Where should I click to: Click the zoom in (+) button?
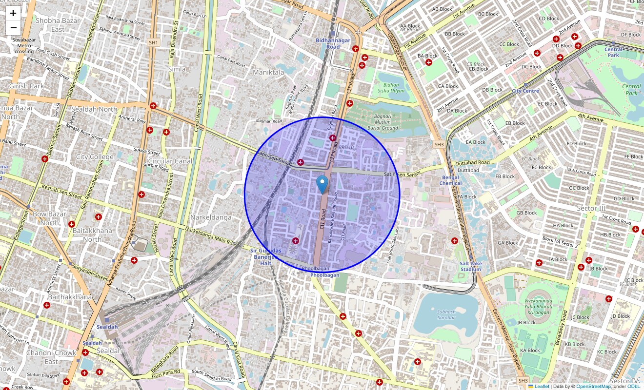[13, 14]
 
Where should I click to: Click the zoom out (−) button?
[13, 28]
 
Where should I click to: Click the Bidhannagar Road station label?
[333, 43]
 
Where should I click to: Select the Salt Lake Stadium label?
[470, 266]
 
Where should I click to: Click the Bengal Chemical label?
[450, 180]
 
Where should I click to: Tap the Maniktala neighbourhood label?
[268, 72]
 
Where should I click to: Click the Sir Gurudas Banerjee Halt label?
[266, 257]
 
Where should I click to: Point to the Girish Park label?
[26, 86]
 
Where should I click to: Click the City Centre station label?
[525, 91]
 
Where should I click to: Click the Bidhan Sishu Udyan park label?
[391, 88]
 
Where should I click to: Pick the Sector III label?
[591, 209]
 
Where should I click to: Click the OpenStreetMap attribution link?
[593, 387]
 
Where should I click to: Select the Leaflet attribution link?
[542, 387]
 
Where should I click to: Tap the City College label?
[95, 157]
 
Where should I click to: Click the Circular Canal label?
[170, 161]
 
